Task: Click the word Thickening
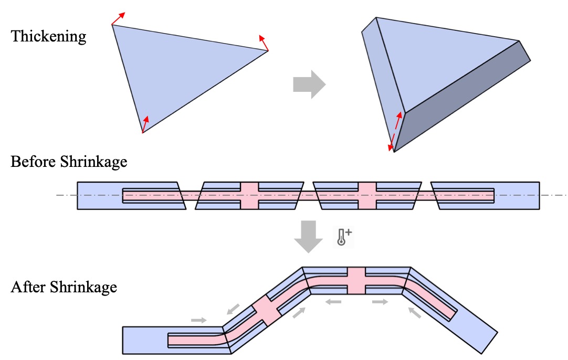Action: [x=48, y=36]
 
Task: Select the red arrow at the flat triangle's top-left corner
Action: [x=118, y=18]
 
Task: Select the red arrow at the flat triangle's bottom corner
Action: [x=145, y=124]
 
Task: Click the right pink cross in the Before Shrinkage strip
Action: [x=367, y=196]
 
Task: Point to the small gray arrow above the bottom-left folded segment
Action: [x=199, y=320]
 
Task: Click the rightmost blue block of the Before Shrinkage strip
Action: [x=517, y=196]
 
